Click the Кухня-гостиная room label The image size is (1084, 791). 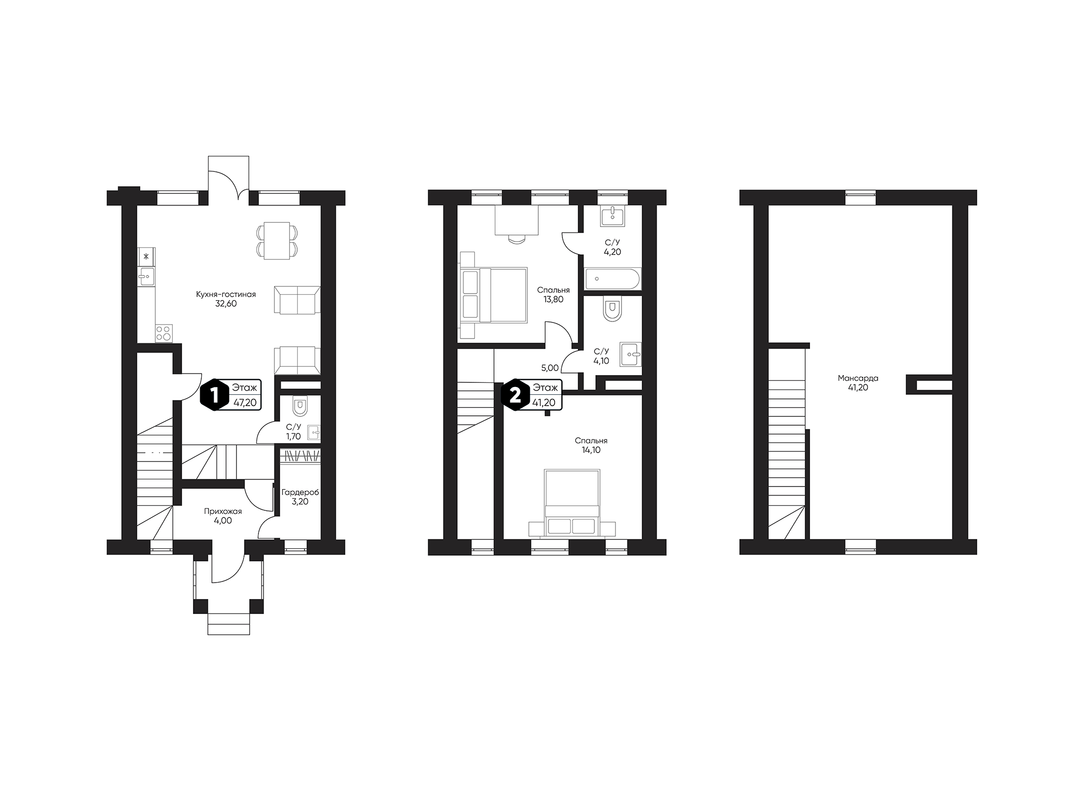(x=225, y=295)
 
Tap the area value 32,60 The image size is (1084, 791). (x=225, y=304)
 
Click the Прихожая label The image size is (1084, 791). (x=223, y=511)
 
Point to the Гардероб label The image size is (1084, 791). (x=300, y=492)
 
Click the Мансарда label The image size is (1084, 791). (x=858, y=378)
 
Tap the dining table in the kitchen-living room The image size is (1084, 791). (x=277, y=241)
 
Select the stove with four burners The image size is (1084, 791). (x=164, y=333)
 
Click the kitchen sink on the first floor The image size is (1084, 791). (x=147, y=277)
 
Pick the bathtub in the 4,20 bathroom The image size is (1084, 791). (x=612, y=279)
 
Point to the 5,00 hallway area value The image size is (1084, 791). (x=549, y=368)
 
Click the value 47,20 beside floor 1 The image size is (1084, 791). (x=245, y=402)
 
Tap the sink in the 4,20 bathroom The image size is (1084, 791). (x=612, y=215)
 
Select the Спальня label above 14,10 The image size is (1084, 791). (x=591, y=441)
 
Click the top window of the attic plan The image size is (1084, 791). (x=860, y=197)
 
